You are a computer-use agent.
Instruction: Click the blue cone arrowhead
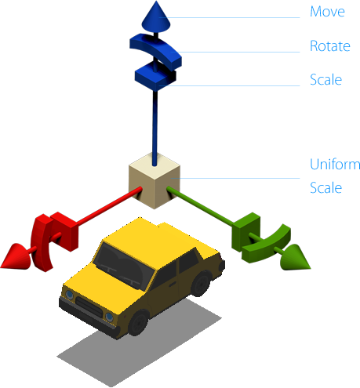[x=156, y=18]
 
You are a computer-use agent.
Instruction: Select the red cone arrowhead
[x=16, y=256]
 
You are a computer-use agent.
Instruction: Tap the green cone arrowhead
[x=296, y=257]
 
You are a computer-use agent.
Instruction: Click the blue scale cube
[x=155, y=77]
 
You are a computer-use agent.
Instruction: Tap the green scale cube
[x=245, y=231]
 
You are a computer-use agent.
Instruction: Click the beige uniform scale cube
[x=155, y=181]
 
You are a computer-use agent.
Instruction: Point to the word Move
[x=327, y=12]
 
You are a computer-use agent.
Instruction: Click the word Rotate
[x=330, y=46]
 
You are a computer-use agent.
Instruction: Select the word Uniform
[x=335, y=165]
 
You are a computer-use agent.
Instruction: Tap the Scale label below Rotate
[x=326, y=80]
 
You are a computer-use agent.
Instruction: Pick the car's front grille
[x=89, y=306]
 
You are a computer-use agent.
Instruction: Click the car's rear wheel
[x=201, y=284]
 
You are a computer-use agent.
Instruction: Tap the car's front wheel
[x=139, y=323]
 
